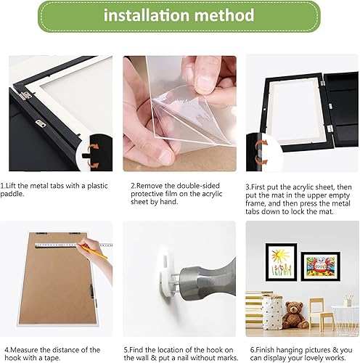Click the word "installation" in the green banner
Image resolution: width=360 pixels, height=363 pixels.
(x=147, y=15)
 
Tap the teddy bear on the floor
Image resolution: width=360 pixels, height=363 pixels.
(x=295, y=314)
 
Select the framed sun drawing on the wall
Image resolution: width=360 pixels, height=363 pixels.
(x=281, y=262)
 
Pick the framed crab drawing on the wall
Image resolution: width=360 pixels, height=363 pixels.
(x=320, y=266)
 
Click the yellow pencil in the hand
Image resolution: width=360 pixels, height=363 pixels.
(x=94, y=252)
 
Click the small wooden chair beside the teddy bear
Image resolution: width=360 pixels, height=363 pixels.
(x=322, y=314)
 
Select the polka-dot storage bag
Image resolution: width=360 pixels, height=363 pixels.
(x=272, y=312)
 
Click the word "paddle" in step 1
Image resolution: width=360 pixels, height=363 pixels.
(x=12, y=194)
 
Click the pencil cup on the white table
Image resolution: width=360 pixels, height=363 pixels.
(x=348, y=301)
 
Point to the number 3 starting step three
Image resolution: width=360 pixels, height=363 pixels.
(x=247, y=187)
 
